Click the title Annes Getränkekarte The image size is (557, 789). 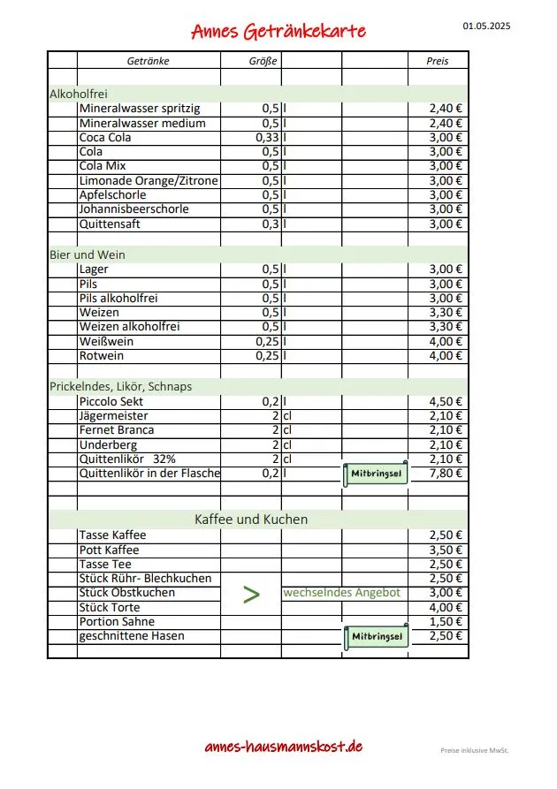tap(278, 32)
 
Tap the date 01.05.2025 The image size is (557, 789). tap(486, 26)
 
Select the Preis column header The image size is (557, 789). tap(439, 61)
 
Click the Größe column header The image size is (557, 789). tap(263, 61)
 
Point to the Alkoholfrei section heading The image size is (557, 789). tap(79, 93)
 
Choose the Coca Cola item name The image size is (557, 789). tap(105, 137)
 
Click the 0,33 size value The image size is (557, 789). tap(267, 137)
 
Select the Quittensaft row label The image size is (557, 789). tap(110, 224)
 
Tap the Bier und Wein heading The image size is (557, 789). tap(88, 254)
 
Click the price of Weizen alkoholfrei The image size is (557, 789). tap(446, 327)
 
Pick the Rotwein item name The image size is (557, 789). tap(102, 356)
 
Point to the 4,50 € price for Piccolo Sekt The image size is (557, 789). tap(446, 401)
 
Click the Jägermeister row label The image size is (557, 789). tap(113, 415)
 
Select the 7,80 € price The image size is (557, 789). tap(446, 474)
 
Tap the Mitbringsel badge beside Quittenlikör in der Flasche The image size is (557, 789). tap(375, 474)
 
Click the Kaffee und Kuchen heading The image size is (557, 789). tap(251, 519)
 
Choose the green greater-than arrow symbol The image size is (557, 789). tap(252, 595)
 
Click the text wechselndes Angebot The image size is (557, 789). tap(341, 593)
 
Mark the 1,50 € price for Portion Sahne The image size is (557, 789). tap(446, 622)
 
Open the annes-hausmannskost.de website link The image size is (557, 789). tap(283, 747)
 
